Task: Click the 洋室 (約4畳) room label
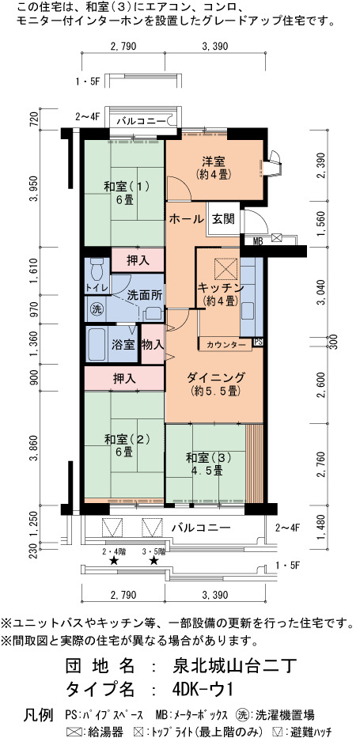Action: [214, 168]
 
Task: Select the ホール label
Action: [186, 219]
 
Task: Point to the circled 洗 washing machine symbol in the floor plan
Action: [97, 310]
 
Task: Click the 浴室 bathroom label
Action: [123, 345]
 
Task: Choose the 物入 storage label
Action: [153, 345]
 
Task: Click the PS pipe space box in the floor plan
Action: [258, 343]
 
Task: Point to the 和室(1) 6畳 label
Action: [126, 192]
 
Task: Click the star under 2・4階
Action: [113, 560]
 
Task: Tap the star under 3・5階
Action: [153, 560]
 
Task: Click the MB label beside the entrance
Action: [258, 241]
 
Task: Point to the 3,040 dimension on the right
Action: [321, 293]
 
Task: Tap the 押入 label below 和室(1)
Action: [138, 260]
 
